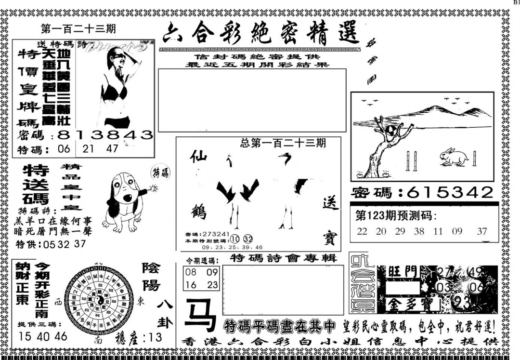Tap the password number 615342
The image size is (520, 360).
pos(450,193)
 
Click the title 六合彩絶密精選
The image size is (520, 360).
pos(260,34)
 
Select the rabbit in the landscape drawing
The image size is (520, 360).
pos(454,157)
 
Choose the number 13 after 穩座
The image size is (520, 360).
pos(155,338)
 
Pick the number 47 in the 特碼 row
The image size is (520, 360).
pos(113,149)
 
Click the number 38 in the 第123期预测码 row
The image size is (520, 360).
pos(419,231)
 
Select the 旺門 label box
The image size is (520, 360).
pos(403,272)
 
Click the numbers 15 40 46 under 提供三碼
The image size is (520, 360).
pos(43,337)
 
